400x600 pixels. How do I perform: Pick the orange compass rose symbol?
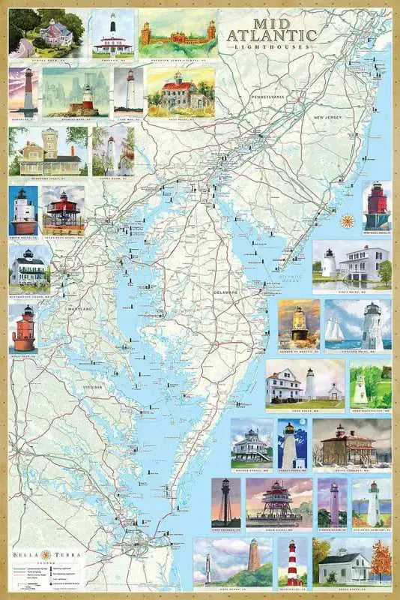point(348,220)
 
